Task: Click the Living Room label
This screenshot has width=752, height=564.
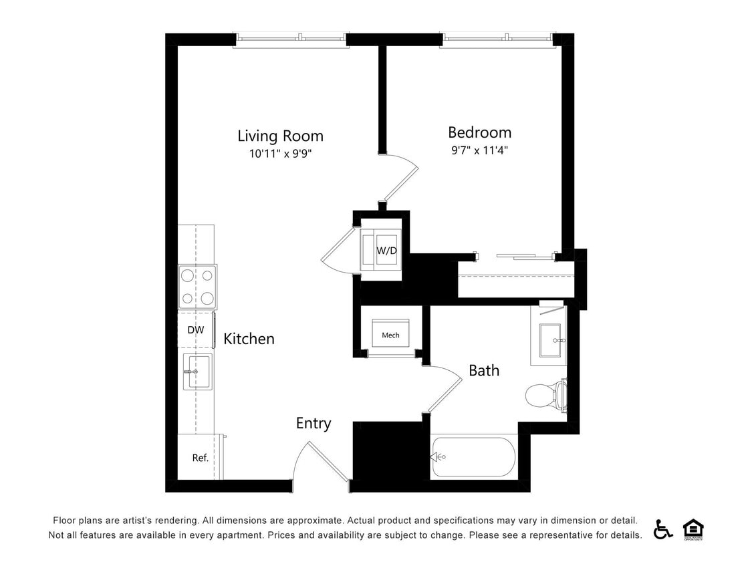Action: click(280, 136)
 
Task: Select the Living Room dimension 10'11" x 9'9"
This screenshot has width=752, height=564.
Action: click(280, 153)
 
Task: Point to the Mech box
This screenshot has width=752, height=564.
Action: click(390, 334)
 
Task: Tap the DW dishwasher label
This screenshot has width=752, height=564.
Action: click(195, 329)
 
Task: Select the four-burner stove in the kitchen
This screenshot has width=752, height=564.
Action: click(197, 285)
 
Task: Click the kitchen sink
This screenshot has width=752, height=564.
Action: click(197, 371)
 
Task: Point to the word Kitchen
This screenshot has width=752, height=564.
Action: click(249, 339)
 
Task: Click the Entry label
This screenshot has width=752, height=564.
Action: click(314, 424)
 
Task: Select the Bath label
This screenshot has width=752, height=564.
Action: click(483, 370)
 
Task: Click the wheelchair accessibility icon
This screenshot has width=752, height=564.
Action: click(662, 529)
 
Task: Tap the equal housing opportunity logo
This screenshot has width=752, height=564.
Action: click(693, 529)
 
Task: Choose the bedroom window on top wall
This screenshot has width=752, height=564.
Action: click(497, 39)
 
